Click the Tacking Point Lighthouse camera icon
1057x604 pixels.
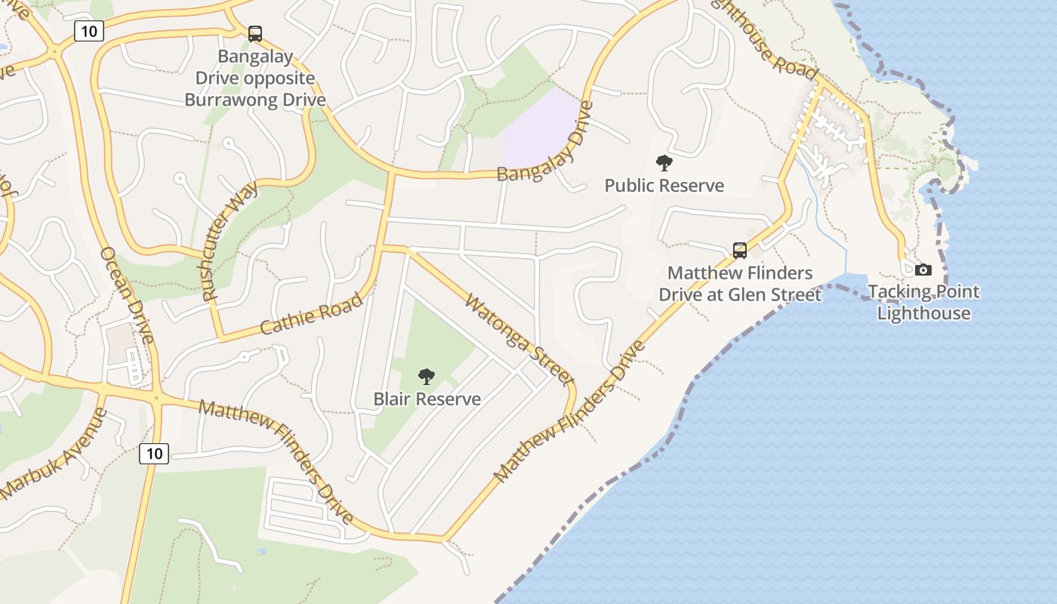(x=923, y=270)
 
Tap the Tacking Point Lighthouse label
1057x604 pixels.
(x=923, y=302)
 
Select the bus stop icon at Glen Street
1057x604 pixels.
(x=740, y=250)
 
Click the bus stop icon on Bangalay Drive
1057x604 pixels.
(x=255, y=34)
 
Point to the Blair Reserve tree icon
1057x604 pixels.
(x=427, y=376)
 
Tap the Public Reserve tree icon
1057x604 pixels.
(x=664, y=163)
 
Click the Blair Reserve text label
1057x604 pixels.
(x=427, y=399)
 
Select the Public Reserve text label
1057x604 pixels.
(x=664, y=186)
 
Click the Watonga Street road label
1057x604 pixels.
(x=519, y=340)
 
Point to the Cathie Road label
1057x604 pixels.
(x=311, y=314)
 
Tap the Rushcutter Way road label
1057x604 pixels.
(x=230, y=241)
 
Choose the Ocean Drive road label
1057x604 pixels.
(x=127, y=294)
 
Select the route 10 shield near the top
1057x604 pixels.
(x=88, y=31)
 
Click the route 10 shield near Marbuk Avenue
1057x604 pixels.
(x=154, y=453)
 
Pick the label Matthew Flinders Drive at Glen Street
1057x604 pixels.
(x=740, y=283)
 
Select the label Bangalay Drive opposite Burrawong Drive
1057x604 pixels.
(x=255, y=78)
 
